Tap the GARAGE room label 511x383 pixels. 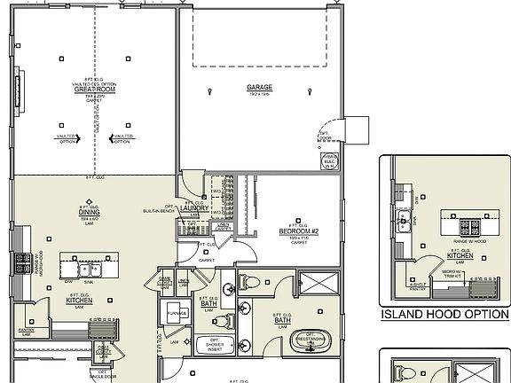[x=260, y=88]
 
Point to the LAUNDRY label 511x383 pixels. [x=195, y=208]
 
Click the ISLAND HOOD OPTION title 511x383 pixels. [x=444, y=315]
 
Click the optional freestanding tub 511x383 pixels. [x=311, y=341]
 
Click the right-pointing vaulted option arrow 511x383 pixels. [x=79, y=137]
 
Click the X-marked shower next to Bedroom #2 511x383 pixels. [x=322, y=284]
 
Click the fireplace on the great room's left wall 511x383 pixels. [x=19, y=90]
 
